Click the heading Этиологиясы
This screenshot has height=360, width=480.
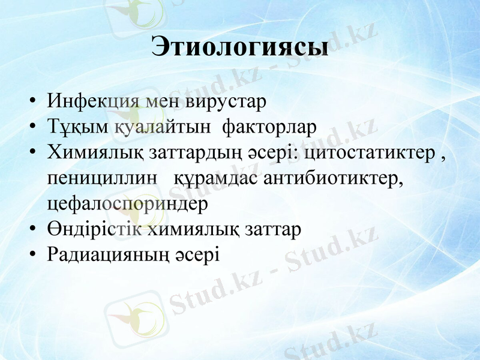tap(240, 47)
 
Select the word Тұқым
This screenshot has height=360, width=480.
tap(78, 127)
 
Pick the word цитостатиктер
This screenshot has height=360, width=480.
tap(370, 153)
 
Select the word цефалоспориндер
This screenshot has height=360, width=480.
tap(128, 204)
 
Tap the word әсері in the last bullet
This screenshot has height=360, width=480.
tap(197, 255)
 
